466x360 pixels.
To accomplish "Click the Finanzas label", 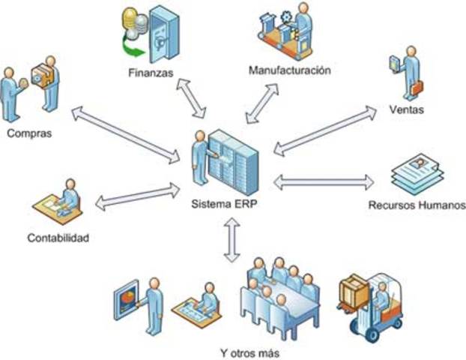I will (x=150, y=73).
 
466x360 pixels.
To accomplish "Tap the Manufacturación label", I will (x=289, y=70).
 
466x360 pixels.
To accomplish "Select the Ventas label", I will (x=408, y=109).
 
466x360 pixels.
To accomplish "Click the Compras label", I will (x=28, y=134).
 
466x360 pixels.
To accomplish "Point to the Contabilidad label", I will (x=58, y=238).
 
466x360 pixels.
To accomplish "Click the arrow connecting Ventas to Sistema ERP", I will (x=324, y=130).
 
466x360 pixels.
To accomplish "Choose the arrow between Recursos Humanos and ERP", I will (x=324, y=181).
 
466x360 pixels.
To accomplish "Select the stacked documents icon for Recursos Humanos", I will (x=416, y=174).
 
